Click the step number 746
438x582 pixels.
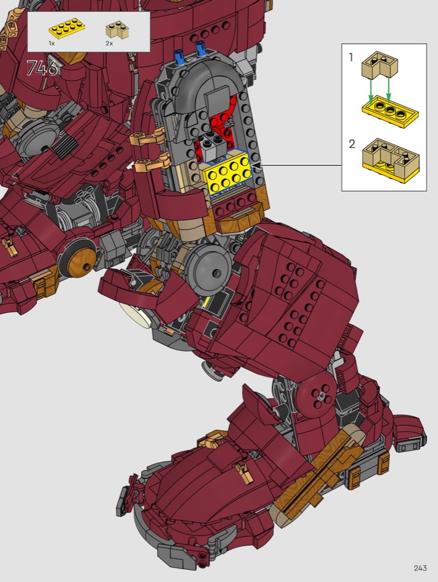tap(43, 68)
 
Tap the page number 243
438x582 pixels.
tap(420, 568)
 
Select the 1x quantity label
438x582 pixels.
tap(52, 43)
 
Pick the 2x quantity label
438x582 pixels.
tap(109, 43)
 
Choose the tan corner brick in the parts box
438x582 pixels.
tap(118, 30)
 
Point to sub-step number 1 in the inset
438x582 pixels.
tap(351, 57)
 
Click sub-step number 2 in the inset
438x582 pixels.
tap(352, 144)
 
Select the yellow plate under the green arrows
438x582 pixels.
tap(390, 111)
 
